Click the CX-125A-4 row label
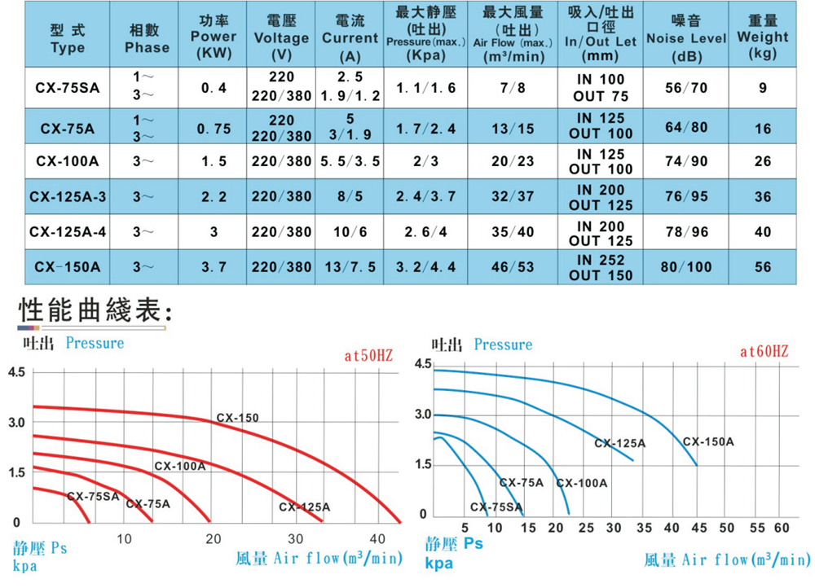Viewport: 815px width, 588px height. tap(68, 232)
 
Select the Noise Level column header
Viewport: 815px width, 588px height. tap(686, 37)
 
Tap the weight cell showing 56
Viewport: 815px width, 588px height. tap(763, 267)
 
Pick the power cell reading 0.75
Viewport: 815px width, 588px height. tap(215, 129)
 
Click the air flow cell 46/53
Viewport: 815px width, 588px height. tap(513, 267)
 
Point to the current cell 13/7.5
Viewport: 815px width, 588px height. tap(350, 267)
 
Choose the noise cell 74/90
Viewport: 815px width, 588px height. tap(686, 161)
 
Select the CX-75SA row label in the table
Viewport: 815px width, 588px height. tap(68, 88)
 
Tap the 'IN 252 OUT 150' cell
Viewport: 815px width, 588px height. tap(601, 267)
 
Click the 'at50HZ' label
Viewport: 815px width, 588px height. tap(368, 356)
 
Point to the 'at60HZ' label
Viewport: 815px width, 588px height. tap(764, 352)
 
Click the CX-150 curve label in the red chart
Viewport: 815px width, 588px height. tap(237, 418)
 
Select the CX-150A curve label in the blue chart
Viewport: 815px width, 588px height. tap(708, 441)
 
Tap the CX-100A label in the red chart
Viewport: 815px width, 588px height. tap(179, 467)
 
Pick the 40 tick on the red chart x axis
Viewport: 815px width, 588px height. tap(377, 538)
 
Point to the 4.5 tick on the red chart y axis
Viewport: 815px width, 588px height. tap(17, 372)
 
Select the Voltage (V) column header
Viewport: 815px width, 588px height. tap(281, 37)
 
